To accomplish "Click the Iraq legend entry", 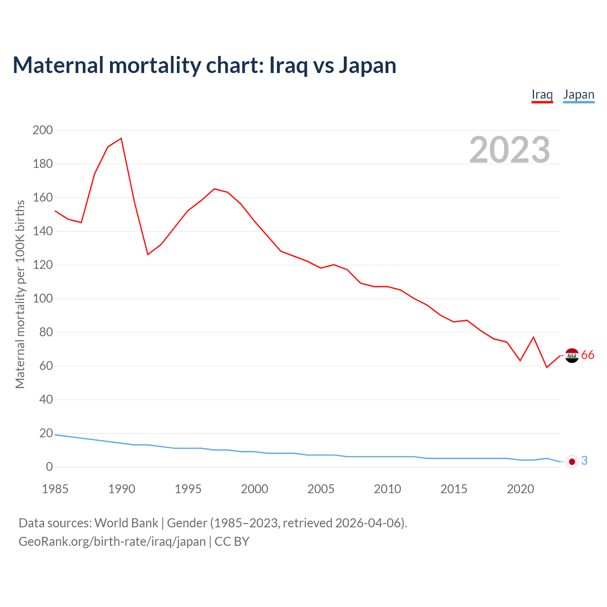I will tap(542, 94).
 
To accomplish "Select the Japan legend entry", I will tap(579, 94).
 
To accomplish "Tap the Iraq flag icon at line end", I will tap(572, 355).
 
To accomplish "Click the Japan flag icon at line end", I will tap(572, 461).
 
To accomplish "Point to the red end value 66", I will tap(588, 355).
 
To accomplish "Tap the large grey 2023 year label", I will tap(510, 150).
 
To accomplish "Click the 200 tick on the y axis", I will tap(43, 130).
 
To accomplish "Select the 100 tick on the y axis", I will tap(43, 299).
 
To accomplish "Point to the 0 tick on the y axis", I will tap(49, 467).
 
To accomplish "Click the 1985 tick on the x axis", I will tap(55, 489).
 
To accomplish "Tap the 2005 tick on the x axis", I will tap(321, 489).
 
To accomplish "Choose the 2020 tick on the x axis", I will tap(521, 489).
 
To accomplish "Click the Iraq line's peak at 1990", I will tap(121, 138).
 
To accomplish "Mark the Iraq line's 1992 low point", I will tap(148, 255).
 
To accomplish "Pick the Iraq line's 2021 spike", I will tap(533, 337).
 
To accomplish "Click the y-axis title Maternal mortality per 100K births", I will tap(20, 294).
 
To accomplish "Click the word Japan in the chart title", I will tap(368, 65).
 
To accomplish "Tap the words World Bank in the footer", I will tap(126, 523).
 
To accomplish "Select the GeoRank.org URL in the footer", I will tap(112, 542).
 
